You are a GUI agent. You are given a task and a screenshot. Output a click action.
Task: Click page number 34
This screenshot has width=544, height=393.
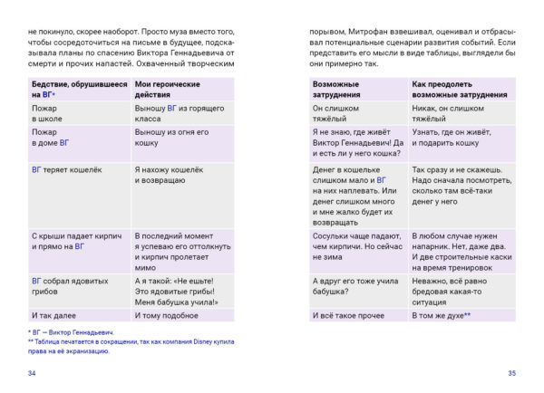pyautogui.click(x=33, y=373)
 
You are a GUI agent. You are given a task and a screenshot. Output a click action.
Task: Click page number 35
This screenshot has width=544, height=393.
pyautogui.click(x=511, y=373)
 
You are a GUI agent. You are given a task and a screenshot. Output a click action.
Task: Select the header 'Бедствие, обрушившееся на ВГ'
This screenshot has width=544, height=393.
pyautogui.click(x=69, y=89)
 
